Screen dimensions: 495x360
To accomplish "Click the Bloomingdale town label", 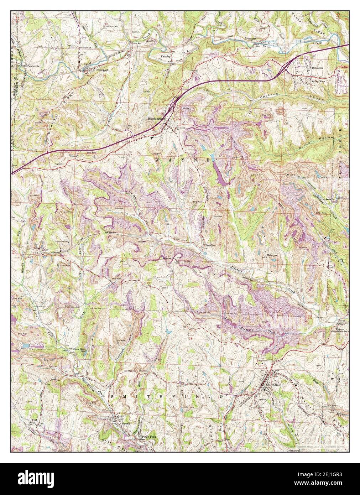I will point(157,119).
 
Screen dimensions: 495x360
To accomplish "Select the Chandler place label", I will point(210,246).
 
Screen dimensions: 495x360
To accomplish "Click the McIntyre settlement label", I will point(272,256).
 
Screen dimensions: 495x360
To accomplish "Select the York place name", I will point(35,420).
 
